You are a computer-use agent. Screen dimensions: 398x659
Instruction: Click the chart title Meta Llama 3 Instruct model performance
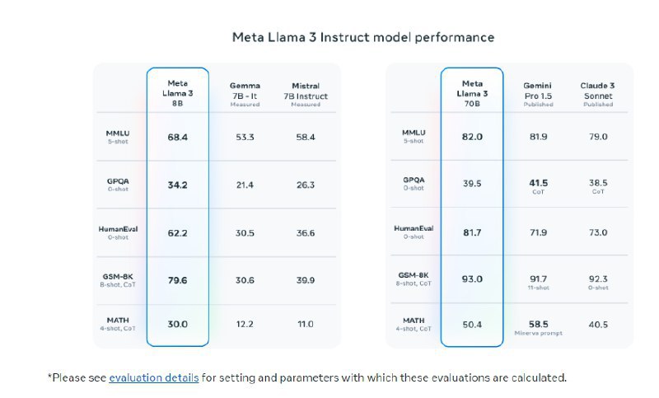[362, 37]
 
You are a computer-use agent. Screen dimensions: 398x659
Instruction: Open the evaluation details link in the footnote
[153, 378]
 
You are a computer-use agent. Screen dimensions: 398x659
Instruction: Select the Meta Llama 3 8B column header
[178, 93]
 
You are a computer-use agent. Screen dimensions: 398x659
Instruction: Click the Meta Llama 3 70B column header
[472, 93]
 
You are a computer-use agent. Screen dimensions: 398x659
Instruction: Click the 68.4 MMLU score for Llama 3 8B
[178, 137]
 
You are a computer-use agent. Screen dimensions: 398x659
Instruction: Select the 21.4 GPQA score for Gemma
[245, 185]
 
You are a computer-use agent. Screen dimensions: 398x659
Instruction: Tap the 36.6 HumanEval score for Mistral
[305, 233]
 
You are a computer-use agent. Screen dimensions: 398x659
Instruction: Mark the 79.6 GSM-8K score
[178, 280]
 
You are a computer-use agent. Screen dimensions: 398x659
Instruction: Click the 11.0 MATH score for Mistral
[305, 324]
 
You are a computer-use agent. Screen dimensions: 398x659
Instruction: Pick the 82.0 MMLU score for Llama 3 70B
[472, 137]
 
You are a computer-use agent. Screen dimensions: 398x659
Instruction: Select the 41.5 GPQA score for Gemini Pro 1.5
[538, 183]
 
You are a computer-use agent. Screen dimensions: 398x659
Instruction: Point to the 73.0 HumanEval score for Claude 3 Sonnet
[598, 233]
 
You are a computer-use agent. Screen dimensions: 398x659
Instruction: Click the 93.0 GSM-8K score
[472, 280]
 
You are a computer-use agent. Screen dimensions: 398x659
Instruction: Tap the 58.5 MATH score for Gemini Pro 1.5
[538, 323]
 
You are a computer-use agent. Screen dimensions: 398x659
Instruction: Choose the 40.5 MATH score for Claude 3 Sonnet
[598, 325]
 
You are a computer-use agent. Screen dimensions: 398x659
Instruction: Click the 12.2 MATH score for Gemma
[245, 324]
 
